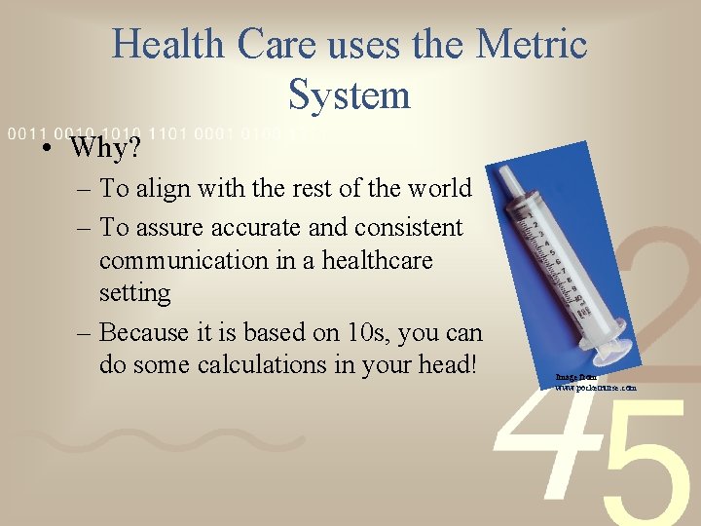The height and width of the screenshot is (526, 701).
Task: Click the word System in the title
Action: coord(350,94)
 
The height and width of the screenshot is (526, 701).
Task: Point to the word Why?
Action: coord(105,149)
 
